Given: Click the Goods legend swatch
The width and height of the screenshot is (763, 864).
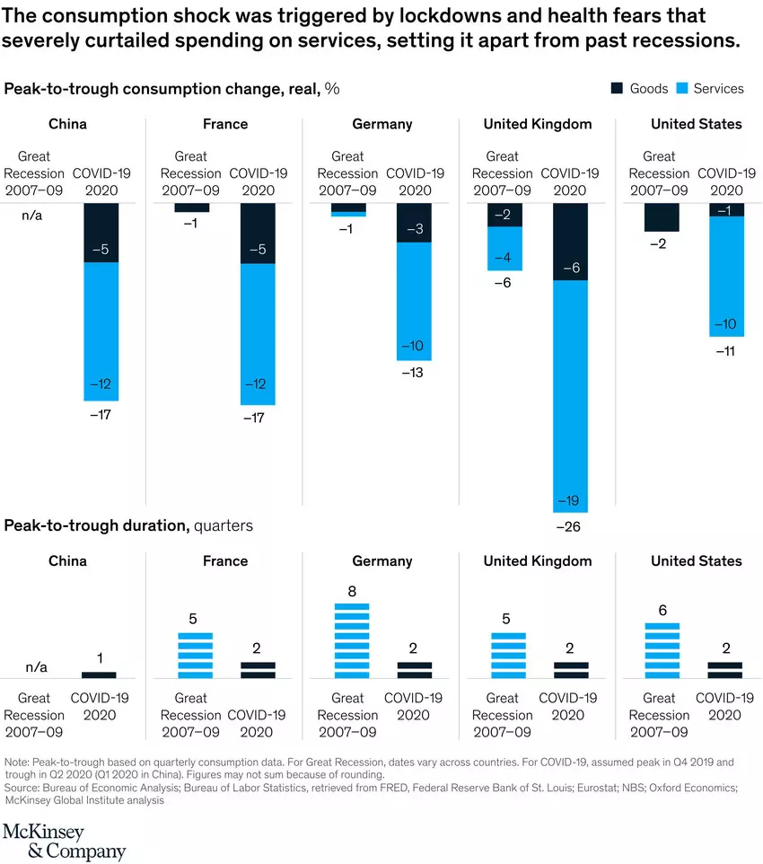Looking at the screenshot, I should pyautogui.click(x=617, y=88).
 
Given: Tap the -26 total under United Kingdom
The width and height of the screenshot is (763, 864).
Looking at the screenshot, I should pyautogui.click(x=569, y=526).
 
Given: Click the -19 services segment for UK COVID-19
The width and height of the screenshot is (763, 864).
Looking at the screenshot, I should pyautogui.click(x=569, y=395).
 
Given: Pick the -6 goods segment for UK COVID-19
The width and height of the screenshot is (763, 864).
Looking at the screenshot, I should pyautogui.click(x=569, y=242).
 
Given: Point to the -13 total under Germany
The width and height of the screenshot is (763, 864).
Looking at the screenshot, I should pyautogui.click(x=414, y=373).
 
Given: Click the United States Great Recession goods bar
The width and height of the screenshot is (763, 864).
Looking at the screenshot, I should pyautogui.click(x=661, y=217).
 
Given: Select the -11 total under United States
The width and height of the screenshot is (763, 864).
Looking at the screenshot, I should pyautogui.click(x=725, y=350).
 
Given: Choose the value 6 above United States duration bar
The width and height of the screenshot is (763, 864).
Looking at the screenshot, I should pyautogui.click(x=661, y=611).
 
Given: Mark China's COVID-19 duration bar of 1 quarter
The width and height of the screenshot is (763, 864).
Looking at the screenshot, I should pyautogui.click(x=99, y=674).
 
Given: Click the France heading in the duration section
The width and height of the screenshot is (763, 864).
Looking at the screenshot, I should pyautogui.click(x=225, y=561).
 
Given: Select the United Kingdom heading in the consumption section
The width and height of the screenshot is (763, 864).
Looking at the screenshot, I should pyautogui.click(x=537, y=124).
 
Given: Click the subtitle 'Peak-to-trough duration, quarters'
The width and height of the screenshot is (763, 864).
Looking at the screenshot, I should pyautogui.click(x=128, y=525).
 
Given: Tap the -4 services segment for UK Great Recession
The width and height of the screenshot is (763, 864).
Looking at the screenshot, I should pyautogui.click(x=504, y=249).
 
